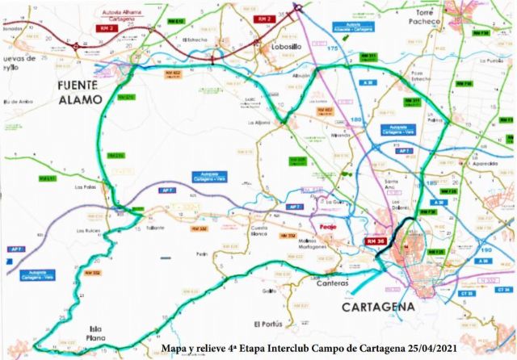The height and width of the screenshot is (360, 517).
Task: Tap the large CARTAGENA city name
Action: pyautogui.click(x=378, y=308)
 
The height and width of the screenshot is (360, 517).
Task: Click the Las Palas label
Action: pyautogui.click(x=85, y=187)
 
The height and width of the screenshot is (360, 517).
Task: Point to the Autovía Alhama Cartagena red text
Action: pyautogui.click(x=123, y=16)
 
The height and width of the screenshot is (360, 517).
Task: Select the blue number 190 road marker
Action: pyautogui.click(x=485, y=250)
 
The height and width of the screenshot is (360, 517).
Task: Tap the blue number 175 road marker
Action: pyautogui.click(x=331, y=50)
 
